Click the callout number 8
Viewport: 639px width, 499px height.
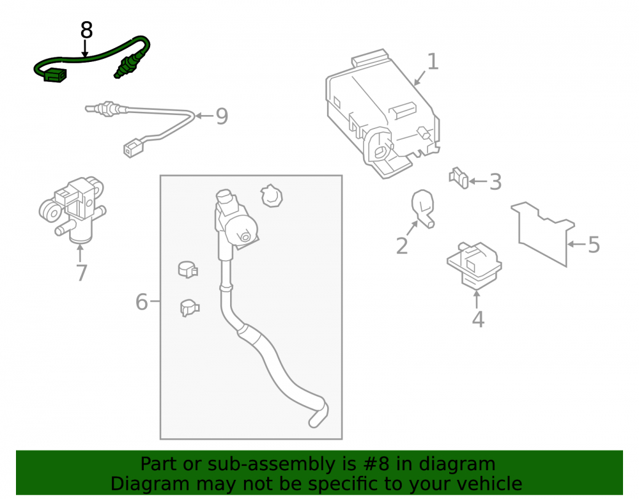coord(86,31)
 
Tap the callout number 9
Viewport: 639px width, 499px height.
coord(222,116)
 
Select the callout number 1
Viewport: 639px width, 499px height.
coord(433,61)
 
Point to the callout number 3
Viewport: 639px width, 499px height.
coord(495,181)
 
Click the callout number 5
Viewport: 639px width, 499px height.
coord(594,245)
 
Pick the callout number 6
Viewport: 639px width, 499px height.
coord(141,302)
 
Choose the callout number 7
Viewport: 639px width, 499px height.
coord(82,273)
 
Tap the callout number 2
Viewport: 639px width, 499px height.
coord(402,245)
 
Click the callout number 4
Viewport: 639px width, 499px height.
coord(478,319)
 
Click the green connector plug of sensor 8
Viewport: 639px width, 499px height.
coord(54,75)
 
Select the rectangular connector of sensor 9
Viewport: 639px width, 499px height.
coord(134,148)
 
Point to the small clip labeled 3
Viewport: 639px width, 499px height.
coord(459,178)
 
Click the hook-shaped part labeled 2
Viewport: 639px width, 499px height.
coord(423,208)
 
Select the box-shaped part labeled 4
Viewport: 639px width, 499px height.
coord(474,265)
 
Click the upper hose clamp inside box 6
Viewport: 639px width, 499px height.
coord(188,269)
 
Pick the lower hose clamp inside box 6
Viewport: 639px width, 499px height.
coord(190,307)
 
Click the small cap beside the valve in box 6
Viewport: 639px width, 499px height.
coord(272,196)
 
